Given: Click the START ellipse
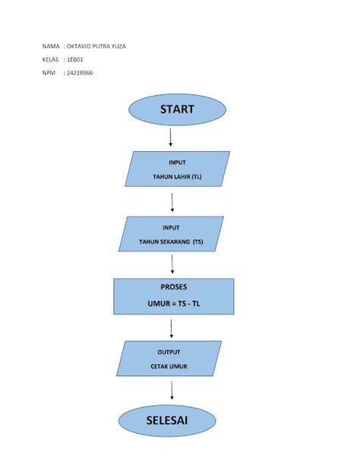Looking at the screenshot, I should [176, 109].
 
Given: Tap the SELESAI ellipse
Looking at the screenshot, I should [172, 420].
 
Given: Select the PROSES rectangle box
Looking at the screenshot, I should [172, 297].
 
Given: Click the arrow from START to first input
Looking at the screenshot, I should [171, 137].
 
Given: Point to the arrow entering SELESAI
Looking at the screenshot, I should [172, 389].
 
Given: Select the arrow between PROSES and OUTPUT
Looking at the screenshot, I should [172, 328].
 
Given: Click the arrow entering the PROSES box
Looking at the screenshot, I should [173, 264].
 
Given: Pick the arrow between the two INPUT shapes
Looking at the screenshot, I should [172, 201].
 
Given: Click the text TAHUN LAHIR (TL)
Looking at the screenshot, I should [178, 176].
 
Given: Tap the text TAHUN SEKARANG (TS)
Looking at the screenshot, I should [171, 242].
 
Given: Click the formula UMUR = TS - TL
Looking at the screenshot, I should [172, 302].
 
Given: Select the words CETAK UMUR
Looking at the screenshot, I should [169, 366].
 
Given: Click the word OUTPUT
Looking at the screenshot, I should [169, 353].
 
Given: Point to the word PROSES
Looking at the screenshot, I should [173, 287].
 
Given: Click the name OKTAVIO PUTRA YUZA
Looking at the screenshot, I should [96, 46].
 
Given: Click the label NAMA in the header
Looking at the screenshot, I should [51, 46].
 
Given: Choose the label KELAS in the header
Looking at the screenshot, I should [51, 59].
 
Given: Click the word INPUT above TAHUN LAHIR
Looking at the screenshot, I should [178, 162].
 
